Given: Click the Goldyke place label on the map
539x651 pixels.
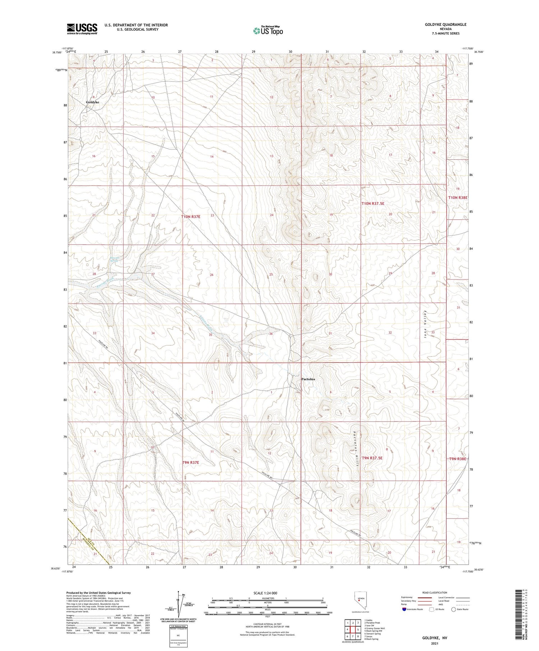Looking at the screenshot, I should click(x=92, y=102).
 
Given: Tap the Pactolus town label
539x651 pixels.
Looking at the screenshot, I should click(x=308, y=379).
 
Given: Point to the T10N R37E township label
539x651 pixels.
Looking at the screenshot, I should click(x=190, y=217).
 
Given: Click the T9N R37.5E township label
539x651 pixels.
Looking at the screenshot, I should click(x=372, y=458).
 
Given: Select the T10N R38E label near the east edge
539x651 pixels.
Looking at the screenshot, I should click(x=457, y=197).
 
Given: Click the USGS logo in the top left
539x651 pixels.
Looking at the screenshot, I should click(x=82, y=29).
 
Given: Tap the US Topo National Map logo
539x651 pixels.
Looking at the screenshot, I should click(x=268, y=31).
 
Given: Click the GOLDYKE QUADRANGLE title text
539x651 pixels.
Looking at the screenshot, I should click(x=446, y=24).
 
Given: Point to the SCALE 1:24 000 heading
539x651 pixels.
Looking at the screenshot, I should click(x=265, y=593).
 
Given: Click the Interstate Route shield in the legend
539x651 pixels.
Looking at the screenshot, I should click(x=404, y=609).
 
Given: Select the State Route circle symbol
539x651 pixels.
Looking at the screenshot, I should click(x=454, y=609).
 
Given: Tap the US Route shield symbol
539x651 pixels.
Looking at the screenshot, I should click(x=431, y=609).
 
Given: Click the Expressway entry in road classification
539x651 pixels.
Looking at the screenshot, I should click(x=407, y=597).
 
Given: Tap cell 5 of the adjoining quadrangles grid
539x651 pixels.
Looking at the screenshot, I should click(x=358, y=630).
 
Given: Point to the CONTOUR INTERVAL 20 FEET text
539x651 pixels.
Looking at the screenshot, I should click(x=267, y=624).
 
